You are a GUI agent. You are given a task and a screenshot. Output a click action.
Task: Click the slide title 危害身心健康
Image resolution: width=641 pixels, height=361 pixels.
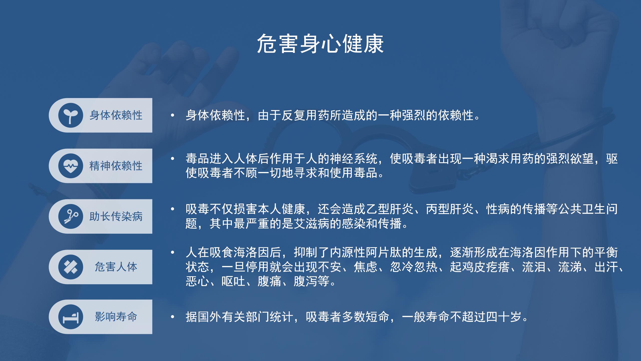click(x=320, y=44)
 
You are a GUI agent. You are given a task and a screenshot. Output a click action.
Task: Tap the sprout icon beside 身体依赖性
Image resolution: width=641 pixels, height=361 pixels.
click(x=71, y=115)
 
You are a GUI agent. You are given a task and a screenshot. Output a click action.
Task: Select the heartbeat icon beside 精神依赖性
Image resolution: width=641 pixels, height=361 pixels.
click(x=71, y=166)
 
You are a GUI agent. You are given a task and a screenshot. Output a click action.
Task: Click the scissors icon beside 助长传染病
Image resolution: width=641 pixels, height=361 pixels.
click(x=71, y=216)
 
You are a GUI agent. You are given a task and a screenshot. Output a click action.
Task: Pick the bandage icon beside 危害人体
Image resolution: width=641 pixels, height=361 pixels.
click(x=71, y=267)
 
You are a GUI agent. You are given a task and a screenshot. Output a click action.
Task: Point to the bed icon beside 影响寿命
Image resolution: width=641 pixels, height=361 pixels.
click(x=71, y=317)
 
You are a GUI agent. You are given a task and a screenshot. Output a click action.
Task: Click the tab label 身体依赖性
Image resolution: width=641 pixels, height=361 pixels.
click(x=116, y=115)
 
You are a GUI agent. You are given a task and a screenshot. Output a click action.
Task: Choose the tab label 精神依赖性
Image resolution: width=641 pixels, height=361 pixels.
click(x=116, y=166)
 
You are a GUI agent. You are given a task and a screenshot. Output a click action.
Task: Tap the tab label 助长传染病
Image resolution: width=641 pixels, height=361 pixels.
click(x=116, y=216)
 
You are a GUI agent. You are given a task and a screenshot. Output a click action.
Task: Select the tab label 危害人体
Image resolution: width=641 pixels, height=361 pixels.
click(x=116, y=267)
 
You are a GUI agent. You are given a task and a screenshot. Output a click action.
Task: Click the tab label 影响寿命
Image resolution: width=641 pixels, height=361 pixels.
click(x=116, y=317)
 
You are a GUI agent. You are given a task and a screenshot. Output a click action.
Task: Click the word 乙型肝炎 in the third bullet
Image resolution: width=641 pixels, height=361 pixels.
click(x=390, y=209)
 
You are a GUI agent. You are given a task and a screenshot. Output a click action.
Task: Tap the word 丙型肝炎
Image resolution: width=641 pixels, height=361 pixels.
click(x=450, y=209)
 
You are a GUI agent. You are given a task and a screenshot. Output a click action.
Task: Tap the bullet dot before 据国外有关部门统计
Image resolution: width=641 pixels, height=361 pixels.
click(x=172, y=317)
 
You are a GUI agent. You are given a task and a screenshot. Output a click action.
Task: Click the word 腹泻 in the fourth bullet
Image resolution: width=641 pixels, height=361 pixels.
click(x=306, y=281)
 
